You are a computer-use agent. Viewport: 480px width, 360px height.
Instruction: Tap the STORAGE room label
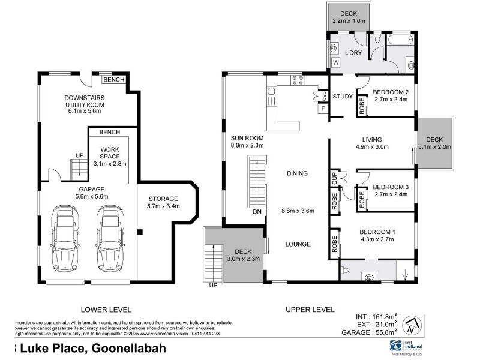(x=163, y=199)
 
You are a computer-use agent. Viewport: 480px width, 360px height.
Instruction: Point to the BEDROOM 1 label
(x=377, y=232)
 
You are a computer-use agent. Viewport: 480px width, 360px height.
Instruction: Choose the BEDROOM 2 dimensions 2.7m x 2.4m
(x=390, y=100)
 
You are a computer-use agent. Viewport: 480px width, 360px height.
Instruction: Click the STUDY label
(x=343, y=96)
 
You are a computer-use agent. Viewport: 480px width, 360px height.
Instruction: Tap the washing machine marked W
(x=335, y=62)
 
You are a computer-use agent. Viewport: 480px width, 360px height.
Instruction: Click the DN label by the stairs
(x=256, y=211)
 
